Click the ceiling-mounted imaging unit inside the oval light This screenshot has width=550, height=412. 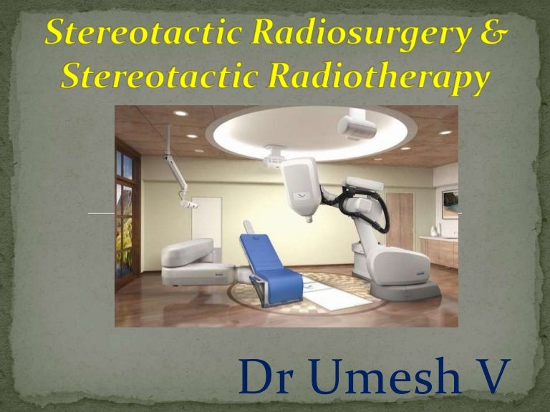(356, 127)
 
